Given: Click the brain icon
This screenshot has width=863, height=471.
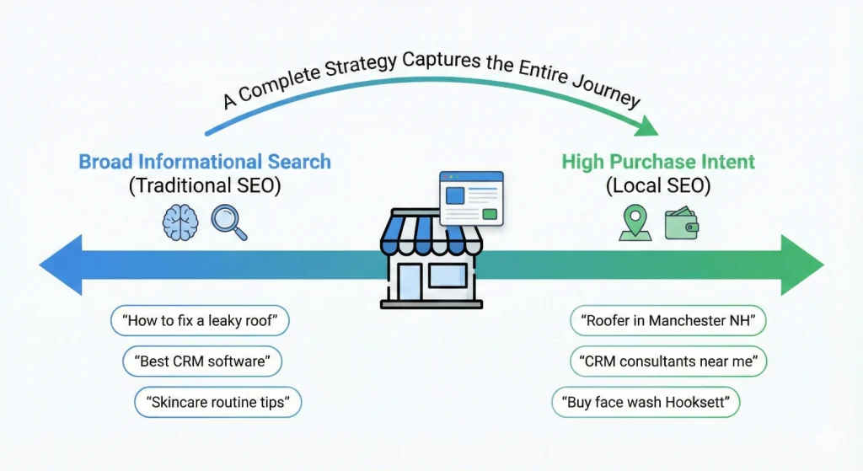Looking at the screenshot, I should (x=180, y=223).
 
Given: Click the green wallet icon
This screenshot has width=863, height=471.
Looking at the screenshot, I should (x=681, y=224).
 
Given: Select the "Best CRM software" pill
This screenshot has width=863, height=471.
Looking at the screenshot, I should (x=201, y=361).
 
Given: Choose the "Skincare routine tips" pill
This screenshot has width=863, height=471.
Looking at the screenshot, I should (x=217, y=402).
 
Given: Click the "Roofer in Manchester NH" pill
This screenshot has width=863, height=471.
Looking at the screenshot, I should (x=668, y=321).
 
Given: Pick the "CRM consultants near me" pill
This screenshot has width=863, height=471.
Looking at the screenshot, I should (x=668, y=361).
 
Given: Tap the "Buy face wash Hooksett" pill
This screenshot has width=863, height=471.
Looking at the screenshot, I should (x=646, y=402).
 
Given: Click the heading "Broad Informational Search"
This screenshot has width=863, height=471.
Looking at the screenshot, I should (x=205, y=161).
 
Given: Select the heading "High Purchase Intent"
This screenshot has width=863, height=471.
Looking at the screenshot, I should (x=657, y=161).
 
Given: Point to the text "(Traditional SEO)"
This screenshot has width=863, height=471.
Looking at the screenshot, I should (x=205, y=186).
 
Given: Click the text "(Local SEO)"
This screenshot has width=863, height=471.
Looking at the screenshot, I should (x=657, y=186).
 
